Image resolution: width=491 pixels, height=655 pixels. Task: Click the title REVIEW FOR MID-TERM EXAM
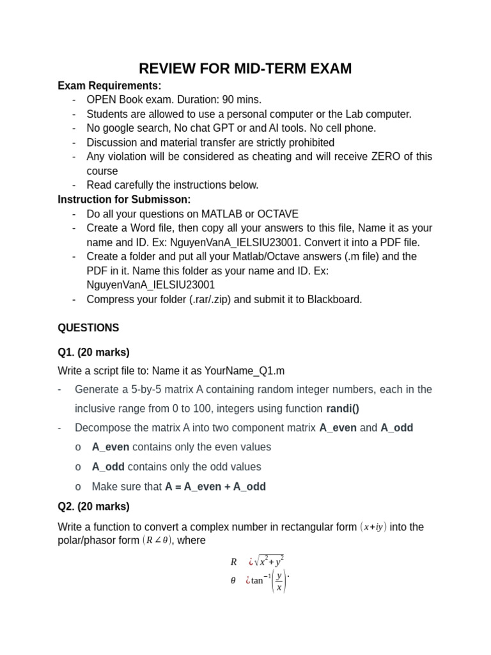pyautogui.click(x=245, y=68)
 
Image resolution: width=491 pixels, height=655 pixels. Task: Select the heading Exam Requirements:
pyautogui.click(x=109, y=86)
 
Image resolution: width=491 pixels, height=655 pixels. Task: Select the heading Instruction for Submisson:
pyautogui.click(x=124, y=200)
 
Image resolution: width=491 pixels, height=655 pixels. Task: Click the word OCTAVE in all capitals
pyautogui.click(x=278, y=214)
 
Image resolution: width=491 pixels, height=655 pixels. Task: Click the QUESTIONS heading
pyautogui.click(x=88, y=328)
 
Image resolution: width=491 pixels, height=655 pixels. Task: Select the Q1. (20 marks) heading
pyautogui.click(x=93, y=352)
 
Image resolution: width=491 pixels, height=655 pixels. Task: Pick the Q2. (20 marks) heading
pyautogui.click(x=93, y=507)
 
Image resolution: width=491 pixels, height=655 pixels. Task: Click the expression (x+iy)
pyautogui.click(x=373, y=527)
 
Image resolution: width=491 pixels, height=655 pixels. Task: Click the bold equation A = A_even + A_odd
pyautogui.click(x=215, y=487)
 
